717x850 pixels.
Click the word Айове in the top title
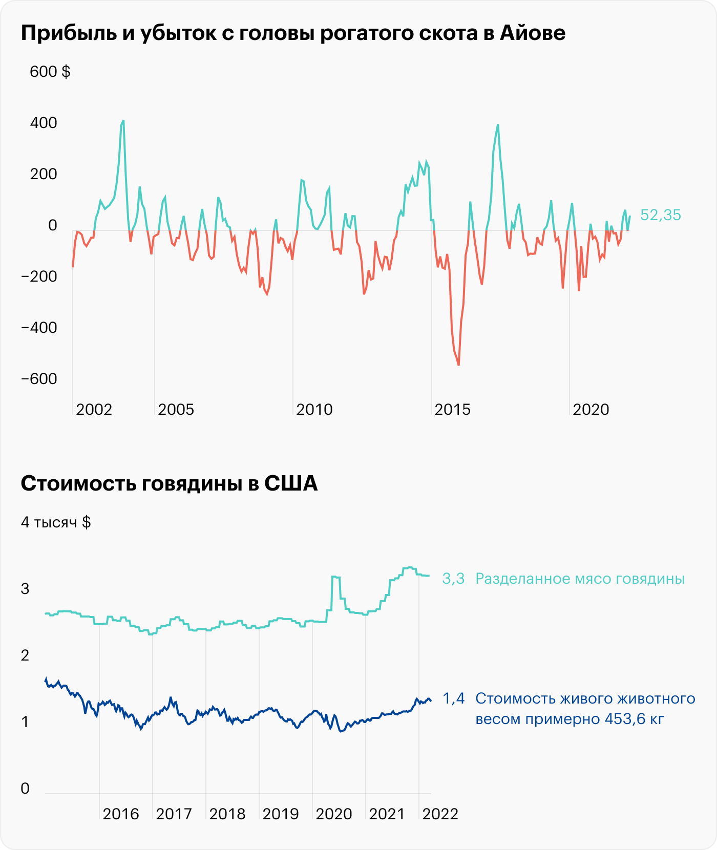[533, 33]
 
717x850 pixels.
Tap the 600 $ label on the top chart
[50, 72]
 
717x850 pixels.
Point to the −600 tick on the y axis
[39, 379]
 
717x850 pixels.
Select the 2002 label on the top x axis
[94, 410]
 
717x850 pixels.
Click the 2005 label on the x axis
[176, 410]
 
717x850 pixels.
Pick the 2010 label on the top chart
[314, 410]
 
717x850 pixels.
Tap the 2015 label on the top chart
[452, 410]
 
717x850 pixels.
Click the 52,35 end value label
[661, 215]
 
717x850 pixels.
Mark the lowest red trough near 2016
[458, 365]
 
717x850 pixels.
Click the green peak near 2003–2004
[123, 121]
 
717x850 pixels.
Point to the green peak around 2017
[498, 125]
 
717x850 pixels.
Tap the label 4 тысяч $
[56, 522]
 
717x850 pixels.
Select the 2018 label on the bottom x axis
[227, 814]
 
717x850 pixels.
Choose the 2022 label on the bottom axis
[440, 814]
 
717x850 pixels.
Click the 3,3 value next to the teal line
[453, 579]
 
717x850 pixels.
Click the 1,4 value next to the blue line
[453, 698]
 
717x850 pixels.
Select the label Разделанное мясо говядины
[580, 579]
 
